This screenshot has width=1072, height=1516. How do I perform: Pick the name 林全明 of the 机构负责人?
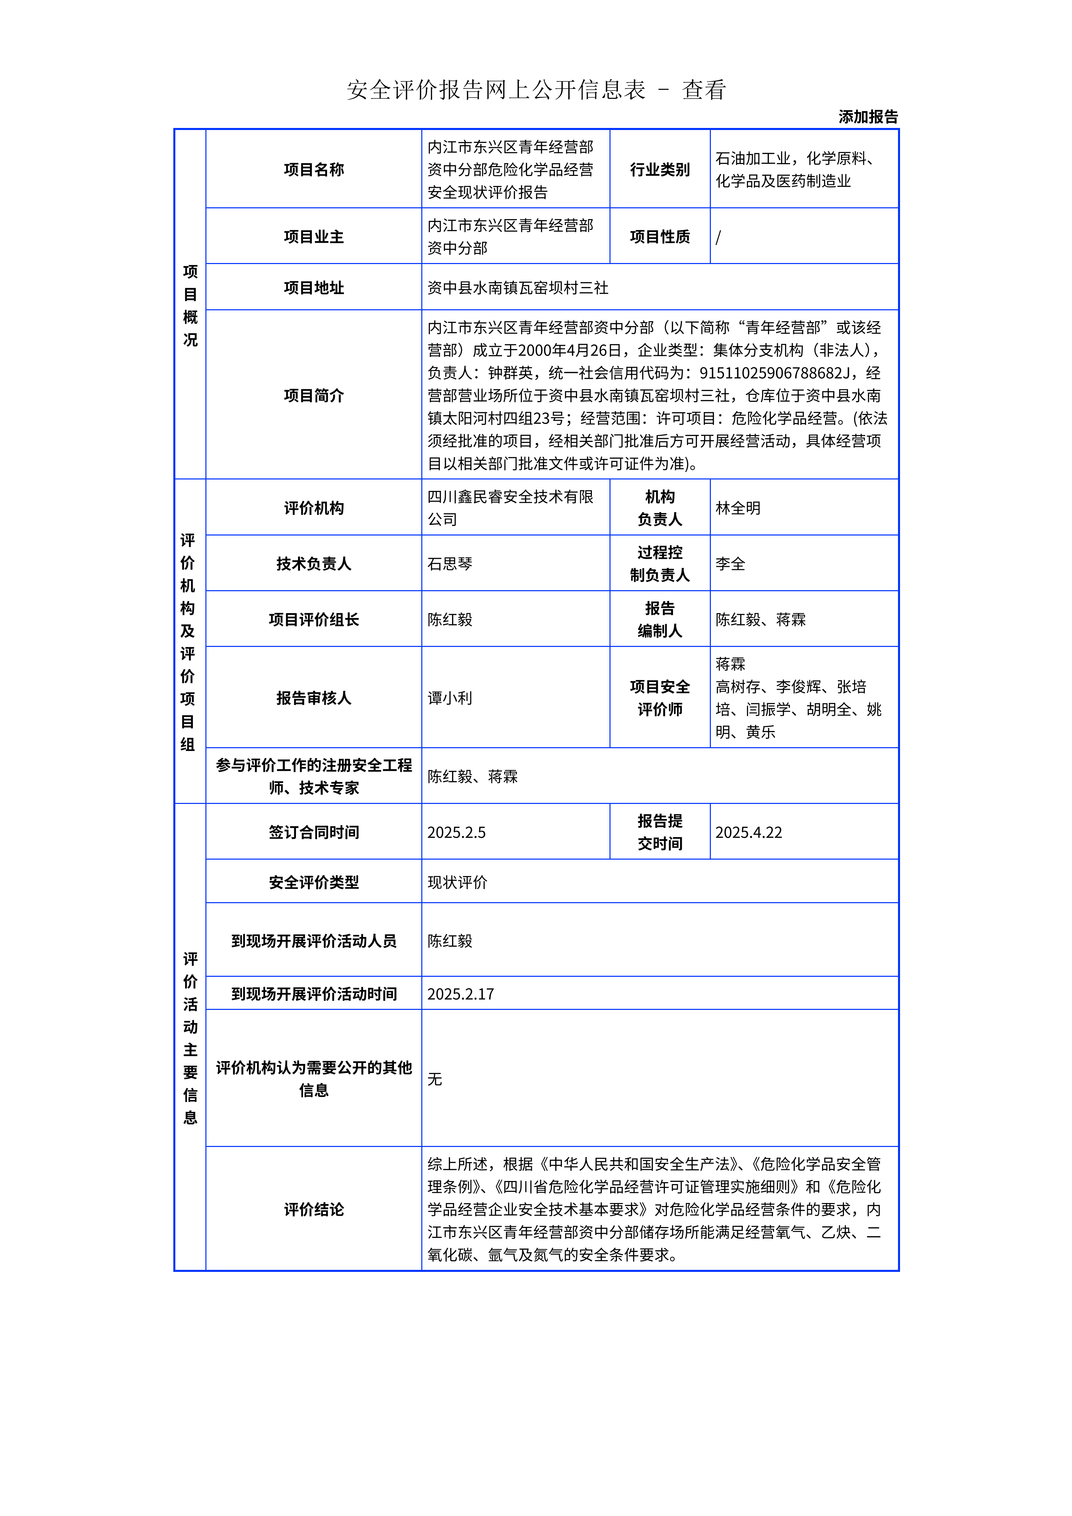pyautogui.click(x=738, y=508)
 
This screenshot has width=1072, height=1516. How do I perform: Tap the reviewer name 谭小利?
pyautogui.click(x=450, y=698)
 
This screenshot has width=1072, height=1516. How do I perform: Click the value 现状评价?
pyautogui.click(x=457, y=882)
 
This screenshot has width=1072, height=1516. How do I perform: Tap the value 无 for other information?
pyautogui.click(x=434, y=1079)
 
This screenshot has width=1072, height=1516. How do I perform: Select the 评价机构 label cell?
pyautogui.click(x=314, y=508)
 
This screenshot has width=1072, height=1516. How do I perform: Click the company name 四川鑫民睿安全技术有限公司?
pyautogui.click(x=510, y=508)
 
